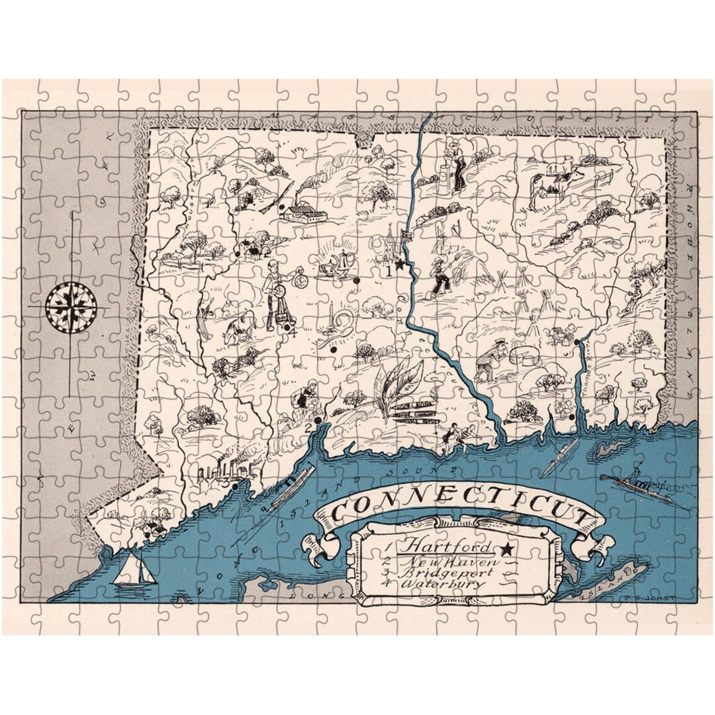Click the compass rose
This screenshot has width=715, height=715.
(71, 307)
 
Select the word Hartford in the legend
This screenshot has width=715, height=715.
(448, 547)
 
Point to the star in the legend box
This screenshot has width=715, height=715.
(506, 548)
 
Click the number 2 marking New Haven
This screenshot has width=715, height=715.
(308, 427)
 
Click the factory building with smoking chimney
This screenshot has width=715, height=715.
(301, 211)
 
